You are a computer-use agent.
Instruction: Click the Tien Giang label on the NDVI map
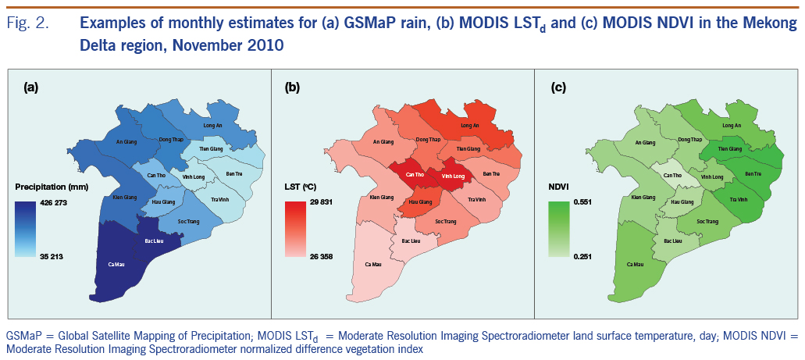tap(731, 148)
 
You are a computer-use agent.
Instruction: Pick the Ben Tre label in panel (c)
tap(753, 173)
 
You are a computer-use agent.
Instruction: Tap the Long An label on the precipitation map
tap(214, 125)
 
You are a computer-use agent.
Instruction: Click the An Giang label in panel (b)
tap(383, 142)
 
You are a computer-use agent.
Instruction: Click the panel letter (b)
tap(292, 88)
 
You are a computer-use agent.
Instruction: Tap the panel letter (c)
tap(558, 88)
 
